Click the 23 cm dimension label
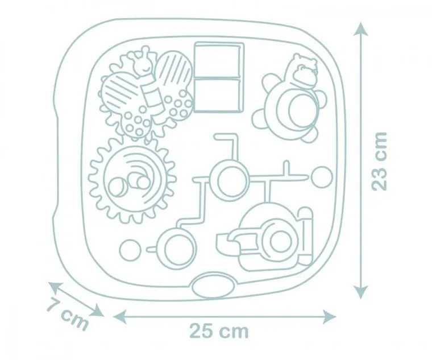point(379,162)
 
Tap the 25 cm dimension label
point(219,331)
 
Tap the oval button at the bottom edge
point(214,286)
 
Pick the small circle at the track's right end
point(322,177)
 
